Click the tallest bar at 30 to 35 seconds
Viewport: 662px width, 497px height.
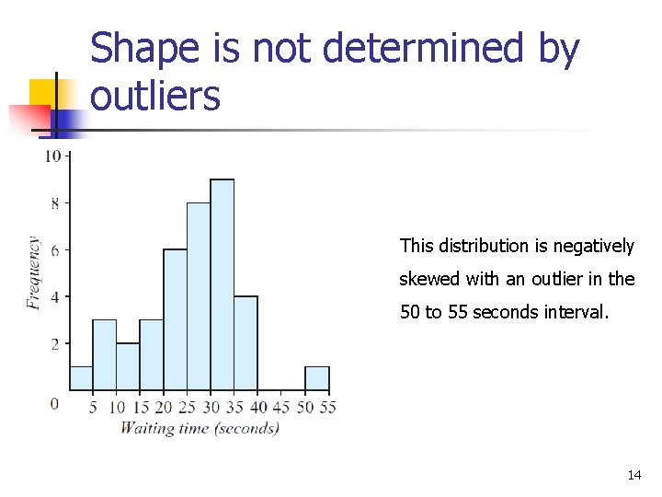click(223, 285)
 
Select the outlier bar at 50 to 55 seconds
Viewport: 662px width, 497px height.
click(317, 379)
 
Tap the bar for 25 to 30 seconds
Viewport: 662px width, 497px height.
click(199, 296)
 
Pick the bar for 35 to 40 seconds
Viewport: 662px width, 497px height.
click(245, 343)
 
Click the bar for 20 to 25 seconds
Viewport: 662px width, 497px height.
click(176, 320)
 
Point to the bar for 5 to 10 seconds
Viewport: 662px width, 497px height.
click(105, 355)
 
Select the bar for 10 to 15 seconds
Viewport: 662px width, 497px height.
click(129, 366)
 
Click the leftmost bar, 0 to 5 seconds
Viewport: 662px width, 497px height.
click(82, 378)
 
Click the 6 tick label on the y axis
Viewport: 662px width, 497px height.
click(54, 250)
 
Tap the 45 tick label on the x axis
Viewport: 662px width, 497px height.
click(281, 407)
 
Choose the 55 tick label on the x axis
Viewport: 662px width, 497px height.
click(327, 407)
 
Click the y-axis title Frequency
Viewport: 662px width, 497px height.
click(34, 273)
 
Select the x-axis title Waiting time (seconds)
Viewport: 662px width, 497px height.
click(200, 427)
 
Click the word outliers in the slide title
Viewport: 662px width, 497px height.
click(155, 95)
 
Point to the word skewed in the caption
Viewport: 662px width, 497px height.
click(428, 279)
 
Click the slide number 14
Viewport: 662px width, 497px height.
click(633, 475)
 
